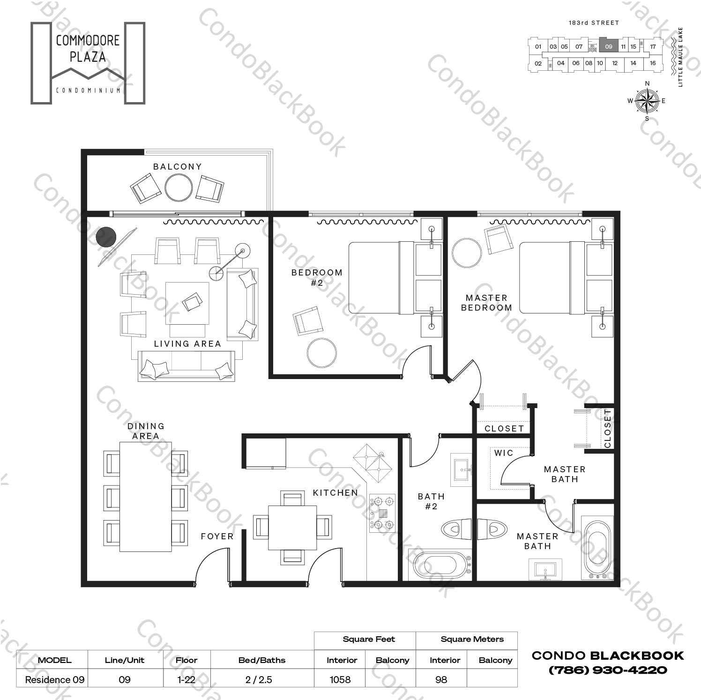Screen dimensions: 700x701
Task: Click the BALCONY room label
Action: point(177,167)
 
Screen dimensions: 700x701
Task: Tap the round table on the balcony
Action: point(178,187)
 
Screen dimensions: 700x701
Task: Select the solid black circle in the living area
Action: point(106,237)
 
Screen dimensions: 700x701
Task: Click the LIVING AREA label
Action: point(187,344)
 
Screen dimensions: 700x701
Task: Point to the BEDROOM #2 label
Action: point(317,277)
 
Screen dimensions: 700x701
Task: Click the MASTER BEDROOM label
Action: point(486,303)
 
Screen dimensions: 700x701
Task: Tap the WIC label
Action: point(503,453)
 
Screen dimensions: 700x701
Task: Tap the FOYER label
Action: point(217,536)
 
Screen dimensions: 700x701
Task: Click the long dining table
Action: point(145,497)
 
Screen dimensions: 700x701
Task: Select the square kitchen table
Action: point(292,528)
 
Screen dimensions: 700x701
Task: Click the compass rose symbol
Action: point(647,101)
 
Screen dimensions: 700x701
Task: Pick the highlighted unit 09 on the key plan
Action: point(608,46)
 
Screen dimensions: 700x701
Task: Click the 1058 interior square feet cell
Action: point(340,679)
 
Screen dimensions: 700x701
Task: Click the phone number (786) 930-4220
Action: point(608,670)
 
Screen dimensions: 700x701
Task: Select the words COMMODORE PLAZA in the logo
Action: point(88,49)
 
